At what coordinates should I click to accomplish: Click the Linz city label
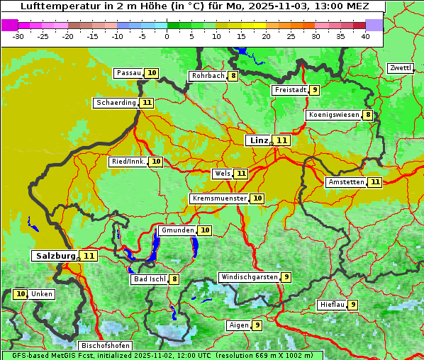click(259, 140)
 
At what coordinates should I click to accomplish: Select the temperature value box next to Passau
click(152, 73)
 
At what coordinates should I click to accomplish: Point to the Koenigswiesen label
click(333, 115)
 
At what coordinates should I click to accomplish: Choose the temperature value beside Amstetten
click(375, 182)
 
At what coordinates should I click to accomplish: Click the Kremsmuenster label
click(218, 198)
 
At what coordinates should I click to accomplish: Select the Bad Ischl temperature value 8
click(174, 279)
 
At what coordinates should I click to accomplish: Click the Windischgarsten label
click(248, 277)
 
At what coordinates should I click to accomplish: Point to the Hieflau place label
click(332, 305)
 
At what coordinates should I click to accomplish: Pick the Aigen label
click(238, 325)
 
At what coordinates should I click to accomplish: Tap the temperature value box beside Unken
click(21, 294)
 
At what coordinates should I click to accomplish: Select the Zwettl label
click(400, 68)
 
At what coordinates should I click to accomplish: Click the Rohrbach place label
click(207, 76)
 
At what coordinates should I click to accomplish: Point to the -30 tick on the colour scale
click(18, 36)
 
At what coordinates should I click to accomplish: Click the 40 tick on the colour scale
click(365, 36)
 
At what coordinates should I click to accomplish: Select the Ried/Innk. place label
click(128, 162)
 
